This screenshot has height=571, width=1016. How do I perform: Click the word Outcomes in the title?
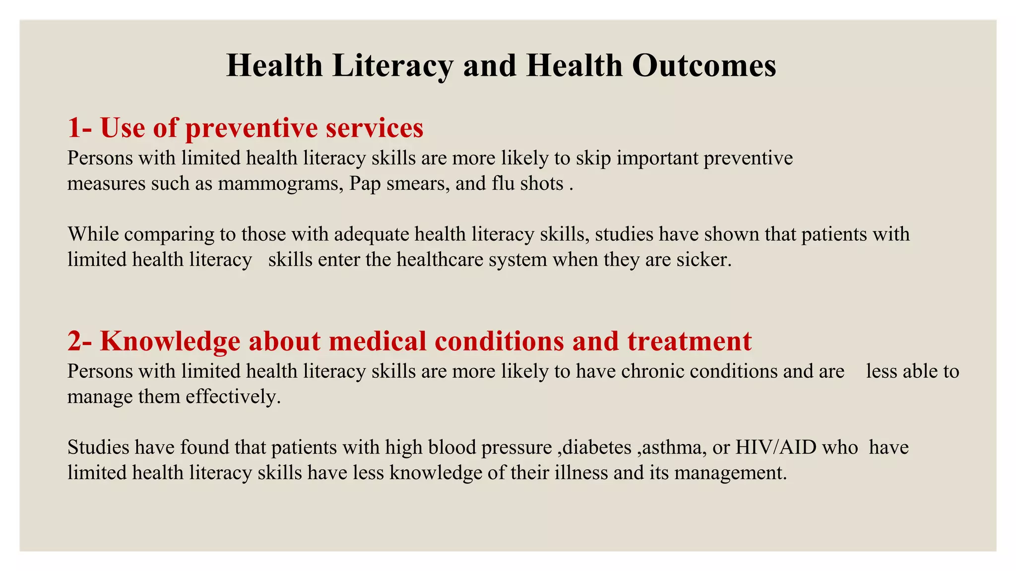(x=704, y=66)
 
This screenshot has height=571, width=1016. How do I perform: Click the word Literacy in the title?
(x=392, y=66)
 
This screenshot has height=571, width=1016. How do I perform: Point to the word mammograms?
(x=280, y=184)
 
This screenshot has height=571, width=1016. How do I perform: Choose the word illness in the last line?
(x=581, y=473)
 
